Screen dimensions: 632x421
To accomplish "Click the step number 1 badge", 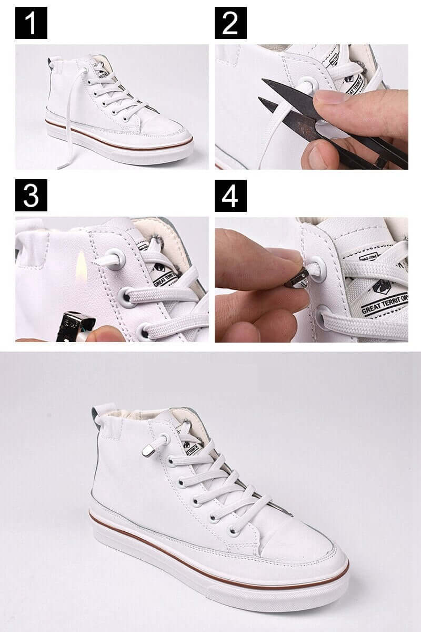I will coord(31,23).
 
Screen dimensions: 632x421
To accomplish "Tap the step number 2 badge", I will coord(230,23).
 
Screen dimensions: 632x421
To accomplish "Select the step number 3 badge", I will coord(31,195).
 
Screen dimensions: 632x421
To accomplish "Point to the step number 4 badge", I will coord(230,195).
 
